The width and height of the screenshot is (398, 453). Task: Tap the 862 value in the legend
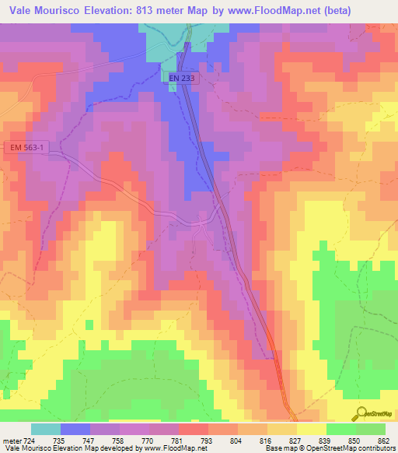(x=383, y=440)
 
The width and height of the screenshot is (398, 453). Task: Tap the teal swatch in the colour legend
(x=46, y=429)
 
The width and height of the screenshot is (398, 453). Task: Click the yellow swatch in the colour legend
(x=312, y=429)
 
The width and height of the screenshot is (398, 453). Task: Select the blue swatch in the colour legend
(x=75, y=429)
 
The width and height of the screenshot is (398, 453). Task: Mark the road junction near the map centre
(x=201, y=221)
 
